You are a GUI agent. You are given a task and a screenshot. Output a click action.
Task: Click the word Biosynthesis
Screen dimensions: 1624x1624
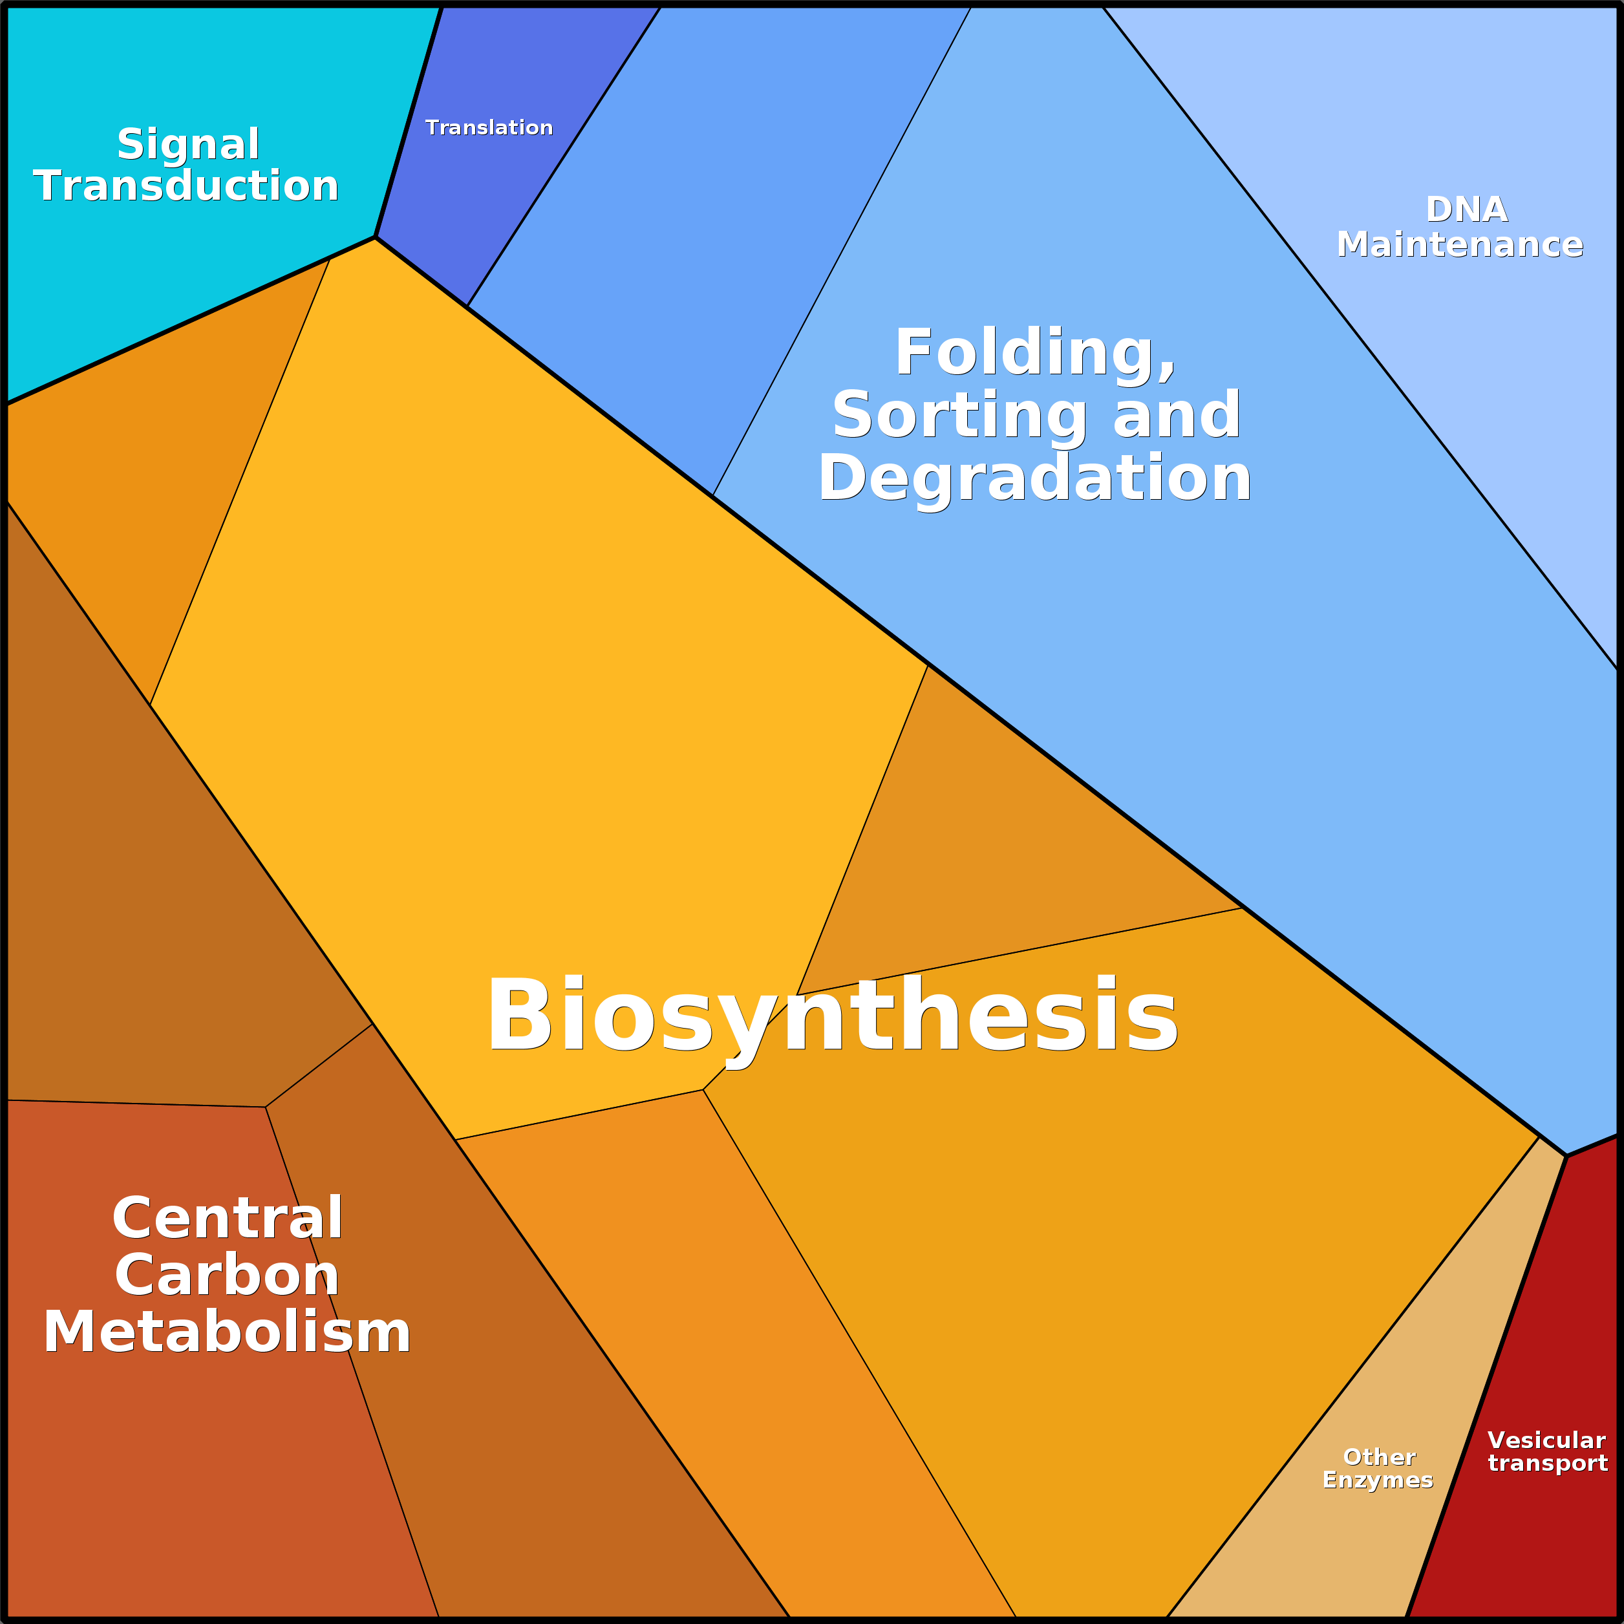(832, 1016)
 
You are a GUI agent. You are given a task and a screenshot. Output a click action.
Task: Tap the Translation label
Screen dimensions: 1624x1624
(489, 128)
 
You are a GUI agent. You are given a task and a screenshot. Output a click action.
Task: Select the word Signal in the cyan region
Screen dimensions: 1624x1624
(188, 145)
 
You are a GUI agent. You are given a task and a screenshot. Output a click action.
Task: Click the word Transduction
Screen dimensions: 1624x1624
(186, 186)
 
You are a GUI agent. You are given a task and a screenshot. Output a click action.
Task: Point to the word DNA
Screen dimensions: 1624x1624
(1467, 209)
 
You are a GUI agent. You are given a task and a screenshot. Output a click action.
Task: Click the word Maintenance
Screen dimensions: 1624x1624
(1460, 244)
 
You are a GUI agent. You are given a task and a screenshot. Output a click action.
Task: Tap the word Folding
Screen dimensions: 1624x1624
(1035, 353)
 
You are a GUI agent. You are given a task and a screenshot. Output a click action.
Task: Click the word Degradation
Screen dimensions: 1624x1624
(1035, 478)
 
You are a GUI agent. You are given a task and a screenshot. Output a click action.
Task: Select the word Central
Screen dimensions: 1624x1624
(228, 1218)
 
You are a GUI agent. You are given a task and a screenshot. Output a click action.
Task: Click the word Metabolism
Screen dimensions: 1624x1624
(227, 1332)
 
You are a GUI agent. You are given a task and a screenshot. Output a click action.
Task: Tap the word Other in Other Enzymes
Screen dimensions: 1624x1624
(1380, 1457)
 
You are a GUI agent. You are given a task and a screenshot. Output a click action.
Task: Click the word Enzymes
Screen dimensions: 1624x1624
(1378, 1480)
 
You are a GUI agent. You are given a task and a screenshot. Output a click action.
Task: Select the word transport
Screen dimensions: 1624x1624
(1548, 1464)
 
